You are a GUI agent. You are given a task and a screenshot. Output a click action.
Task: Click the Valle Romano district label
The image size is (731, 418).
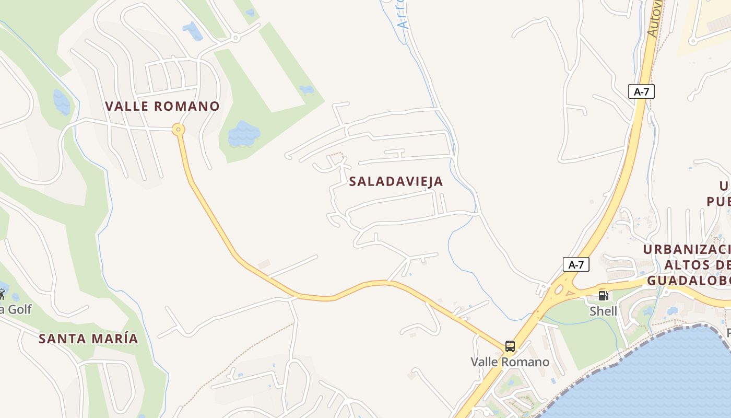coord(162,106)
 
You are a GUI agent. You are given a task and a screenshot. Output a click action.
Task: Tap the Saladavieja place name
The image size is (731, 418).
coord(396,181)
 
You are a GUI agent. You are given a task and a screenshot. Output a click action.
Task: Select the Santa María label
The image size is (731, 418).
coord(88,339)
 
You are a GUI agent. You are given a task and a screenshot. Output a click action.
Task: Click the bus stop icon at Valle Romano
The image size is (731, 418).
coord(510,346)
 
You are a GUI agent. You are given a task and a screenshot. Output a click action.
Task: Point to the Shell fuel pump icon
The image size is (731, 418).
coord(603,296)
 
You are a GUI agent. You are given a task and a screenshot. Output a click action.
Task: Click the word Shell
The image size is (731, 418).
coord(603,311)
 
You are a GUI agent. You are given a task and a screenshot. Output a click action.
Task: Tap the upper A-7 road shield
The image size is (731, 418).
coord(641,91)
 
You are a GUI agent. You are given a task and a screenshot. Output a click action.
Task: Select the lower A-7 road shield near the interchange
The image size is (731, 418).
coord(576,264)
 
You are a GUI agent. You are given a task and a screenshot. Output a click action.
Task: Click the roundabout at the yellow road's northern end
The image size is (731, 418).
coord(179,129)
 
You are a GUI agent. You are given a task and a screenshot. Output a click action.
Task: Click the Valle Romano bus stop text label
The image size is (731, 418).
coord(510,362)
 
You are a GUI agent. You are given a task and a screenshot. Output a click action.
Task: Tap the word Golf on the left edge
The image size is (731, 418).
coord(19,309)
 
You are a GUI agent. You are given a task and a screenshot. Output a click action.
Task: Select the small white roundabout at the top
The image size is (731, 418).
coord(236,38)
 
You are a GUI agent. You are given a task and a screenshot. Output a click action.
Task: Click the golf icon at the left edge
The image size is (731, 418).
coord(2,294)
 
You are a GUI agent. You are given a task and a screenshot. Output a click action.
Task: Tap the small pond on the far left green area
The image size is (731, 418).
coord(61,102)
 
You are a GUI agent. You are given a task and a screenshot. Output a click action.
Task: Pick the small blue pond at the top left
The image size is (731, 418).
coord(192,31)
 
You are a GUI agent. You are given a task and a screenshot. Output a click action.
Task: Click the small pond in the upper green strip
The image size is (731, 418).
coord(306,90)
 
